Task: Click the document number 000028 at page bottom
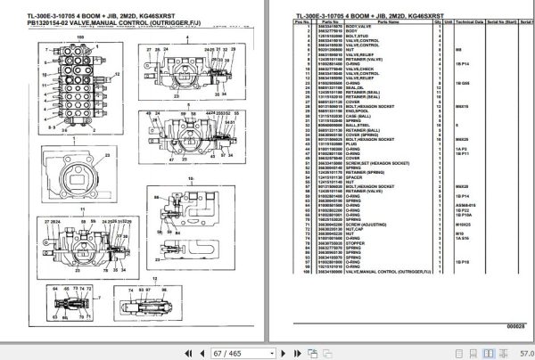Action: pos(514,328)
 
